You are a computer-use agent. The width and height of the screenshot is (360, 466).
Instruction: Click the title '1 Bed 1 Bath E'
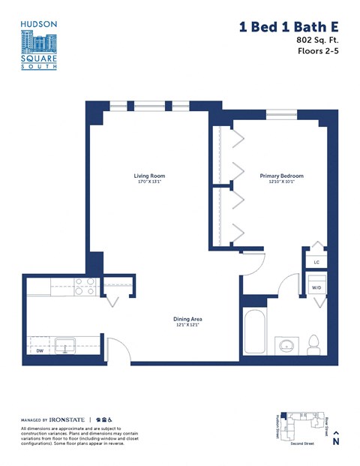[287, 28]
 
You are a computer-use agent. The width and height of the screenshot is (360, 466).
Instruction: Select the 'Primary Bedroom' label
[281, 176]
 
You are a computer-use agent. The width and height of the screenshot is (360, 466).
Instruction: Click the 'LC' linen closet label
[316, 262]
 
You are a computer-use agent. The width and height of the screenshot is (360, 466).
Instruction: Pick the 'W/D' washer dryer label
[316, 287]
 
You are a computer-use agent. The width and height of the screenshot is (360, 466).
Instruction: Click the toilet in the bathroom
[315, 344]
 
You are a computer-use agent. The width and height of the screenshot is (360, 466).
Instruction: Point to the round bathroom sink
[286, 347]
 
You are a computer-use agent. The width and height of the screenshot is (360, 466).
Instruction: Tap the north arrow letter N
[336, 442]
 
